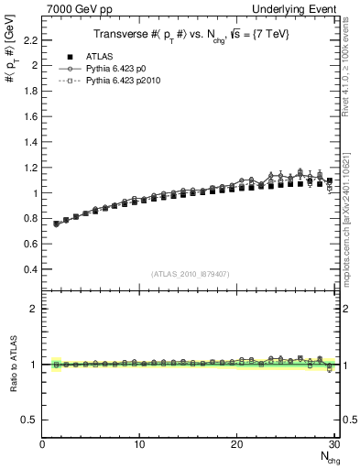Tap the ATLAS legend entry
[100, 56]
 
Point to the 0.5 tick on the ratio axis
[28, 420]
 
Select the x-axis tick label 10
[139, 444]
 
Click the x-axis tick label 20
[236, 444]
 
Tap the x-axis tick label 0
[42, 444]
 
